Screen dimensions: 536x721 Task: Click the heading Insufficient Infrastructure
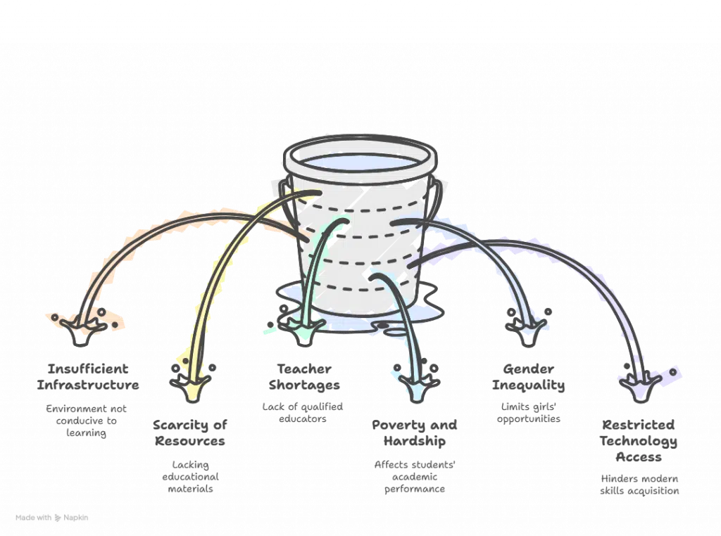coord(88,376)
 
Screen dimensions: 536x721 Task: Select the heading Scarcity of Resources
coord(189,433)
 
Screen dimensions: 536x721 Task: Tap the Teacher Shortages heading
coord(304,376)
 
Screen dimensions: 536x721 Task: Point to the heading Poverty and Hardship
coord(415,433)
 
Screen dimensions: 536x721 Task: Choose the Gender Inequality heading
coord(528,376)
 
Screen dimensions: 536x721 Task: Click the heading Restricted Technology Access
coord(638,440)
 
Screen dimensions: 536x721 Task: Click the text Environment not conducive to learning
coord(82,421)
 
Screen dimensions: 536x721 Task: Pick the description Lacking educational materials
coord(190,476)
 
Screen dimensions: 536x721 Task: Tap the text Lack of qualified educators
coord(303,411)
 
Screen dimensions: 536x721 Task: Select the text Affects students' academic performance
coord(415,476)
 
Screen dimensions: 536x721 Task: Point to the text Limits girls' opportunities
coord(528,411)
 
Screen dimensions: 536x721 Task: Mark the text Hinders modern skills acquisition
coord(639,485)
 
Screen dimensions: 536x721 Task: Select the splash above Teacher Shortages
coord(306,327)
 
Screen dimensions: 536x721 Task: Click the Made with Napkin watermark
coord(52,517)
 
